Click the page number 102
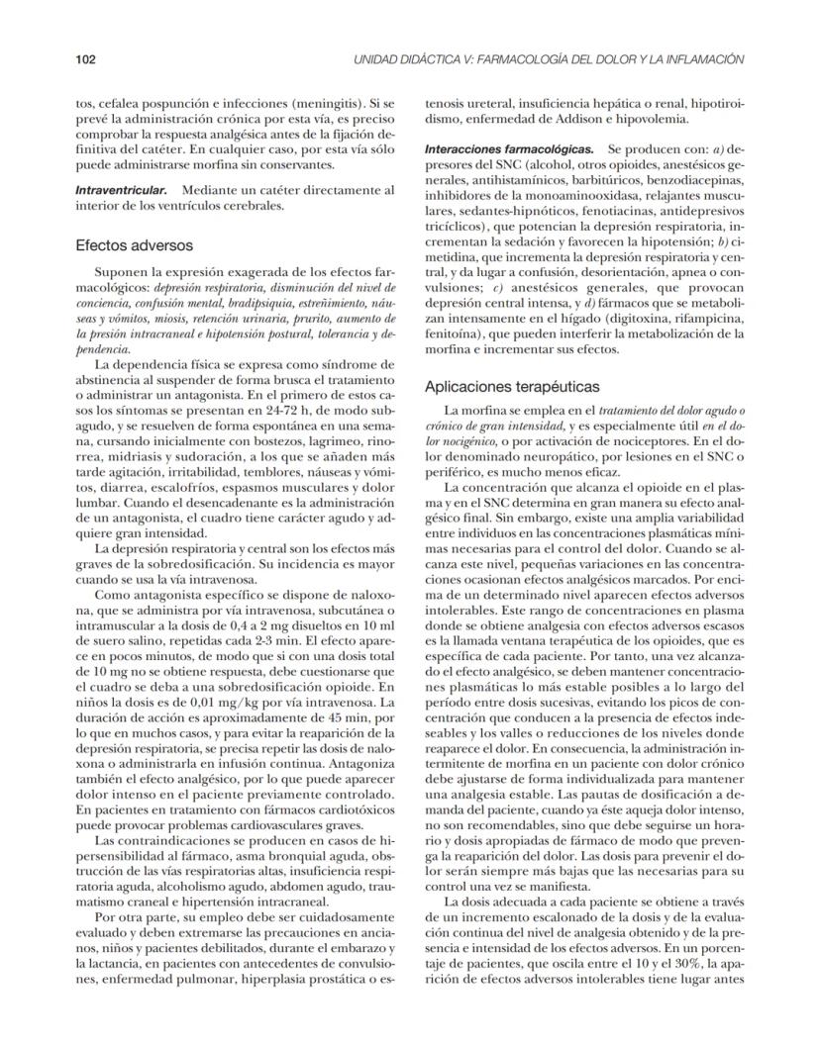pyautogui.click(x=85, y=59)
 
